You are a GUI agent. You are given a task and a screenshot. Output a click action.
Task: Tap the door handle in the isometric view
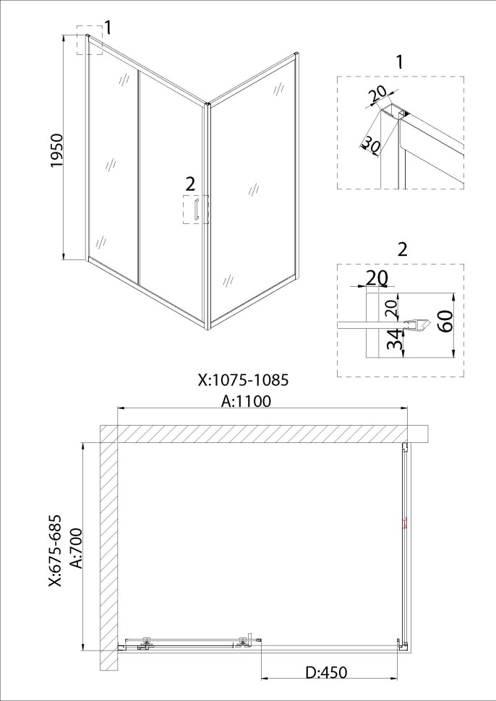point(195,210)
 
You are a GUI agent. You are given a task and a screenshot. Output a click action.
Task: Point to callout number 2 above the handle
point(190,184)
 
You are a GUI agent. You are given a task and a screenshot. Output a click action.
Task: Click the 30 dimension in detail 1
point(370,144)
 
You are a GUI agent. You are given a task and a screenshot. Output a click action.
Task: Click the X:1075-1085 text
point(244,380)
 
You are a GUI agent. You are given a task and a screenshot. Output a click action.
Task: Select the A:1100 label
point(246,401)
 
